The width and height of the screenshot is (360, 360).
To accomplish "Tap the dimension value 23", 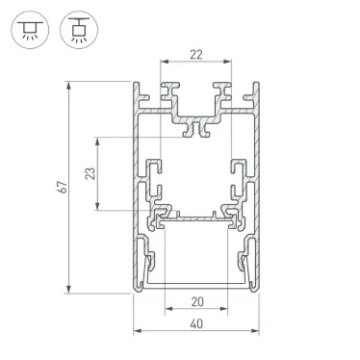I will (x=91, y=173).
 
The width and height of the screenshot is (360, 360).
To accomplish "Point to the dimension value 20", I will (x=197, y=299).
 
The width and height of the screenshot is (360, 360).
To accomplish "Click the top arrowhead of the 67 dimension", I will (x=69, y=86).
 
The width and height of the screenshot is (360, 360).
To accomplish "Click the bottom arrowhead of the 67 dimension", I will (x=69, y=290).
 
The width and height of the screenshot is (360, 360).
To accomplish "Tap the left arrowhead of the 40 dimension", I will (x=136, y=332).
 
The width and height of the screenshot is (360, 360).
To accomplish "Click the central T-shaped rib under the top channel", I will (x=197, y=126).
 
